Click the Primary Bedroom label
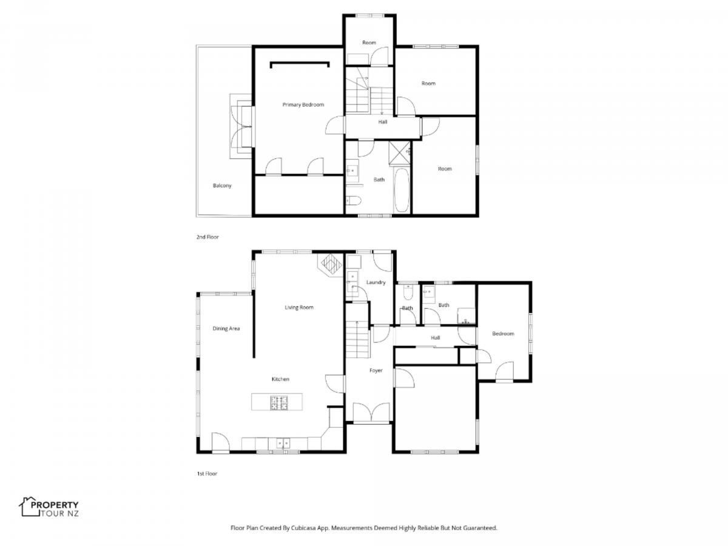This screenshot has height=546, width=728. (303, 105)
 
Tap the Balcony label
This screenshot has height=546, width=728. (222, 186)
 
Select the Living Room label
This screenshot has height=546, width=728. (299, 308)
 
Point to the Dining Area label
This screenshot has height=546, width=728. (226, 329)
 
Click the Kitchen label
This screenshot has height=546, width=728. (280, 379)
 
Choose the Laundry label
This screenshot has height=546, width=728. (376, 283)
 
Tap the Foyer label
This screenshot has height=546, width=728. (376, 371)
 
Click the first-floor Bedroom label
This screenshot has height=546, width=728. (503, 334)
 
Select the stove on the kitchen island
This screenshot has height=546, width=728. (278, 403)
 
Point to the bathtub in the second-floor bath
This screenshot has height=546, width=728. (402, 190)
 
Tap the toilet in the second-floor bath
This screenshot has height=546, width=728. (353, 200)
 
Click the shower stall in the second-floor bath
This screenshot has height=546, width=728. (400, 152)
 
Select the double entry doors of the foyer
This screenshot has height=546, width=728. (371, 413)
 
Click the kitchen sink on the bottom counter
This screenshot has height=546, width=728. (283, 443)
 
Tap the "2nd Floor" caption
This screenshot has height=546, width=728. (207, 237)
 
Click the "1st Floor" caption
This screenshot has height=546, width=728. (207, 473)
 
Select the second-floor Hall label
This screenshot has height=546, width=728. (382, 122)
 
